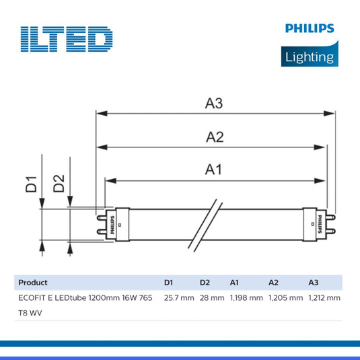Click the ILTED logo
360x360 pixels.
(x=66, y=39)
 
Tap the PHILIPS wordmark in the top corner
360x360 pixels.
(x=309, y=29)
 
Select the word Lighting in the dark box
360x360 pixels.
(x=309, y=57)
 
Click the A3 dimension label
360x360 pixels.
(x=214, y=104)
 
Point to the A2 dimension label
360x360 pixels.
(x=214, y=137)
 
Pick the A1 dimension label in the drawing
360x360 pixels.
(x=213, y=170)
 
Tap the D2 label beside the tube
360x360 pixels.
(x=59, y=184)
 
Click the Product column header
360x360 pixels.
(x=32, y=283)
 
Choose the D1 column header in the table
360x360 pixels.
(x=169, y=283)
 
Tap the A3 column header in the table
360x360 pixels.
(x=314, y=283)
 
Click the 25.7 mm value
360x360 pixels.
(x=178, y=297)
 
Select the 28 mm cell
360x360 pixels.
(x=211, y=297)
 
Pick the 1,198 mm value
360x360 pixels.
(x=246, y=297)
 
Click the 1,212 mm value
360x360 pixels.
(x=324, y=297)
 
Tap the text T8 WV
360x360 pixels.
(x=29, y=312)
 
